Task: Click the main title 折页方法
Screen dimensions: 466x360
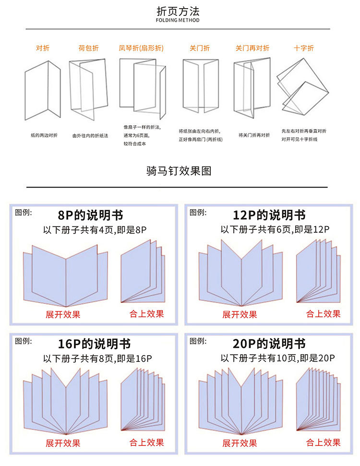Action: coord(178,11)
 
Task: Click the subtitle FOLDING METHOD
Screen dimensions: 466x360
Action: coord(178,20)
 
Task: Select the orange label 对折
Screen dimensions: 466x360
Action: coord(43,48)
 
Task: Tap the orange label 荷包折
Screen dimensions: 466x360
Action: coord(88,48)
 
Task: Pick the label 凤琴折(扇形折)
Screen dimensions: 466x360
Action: coord(141,48)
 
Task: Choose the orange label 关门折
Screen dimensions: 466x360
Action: coord(200,48)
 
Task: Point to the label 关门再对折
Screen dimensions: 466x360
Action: coord(252,48)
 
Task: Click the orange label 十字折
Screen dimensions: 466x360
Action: coord(304,48)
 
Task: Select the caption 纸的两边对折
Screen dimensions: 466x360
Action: coord(44,135)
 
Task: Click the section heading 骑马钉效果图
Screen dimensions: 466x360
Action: coord(179,171)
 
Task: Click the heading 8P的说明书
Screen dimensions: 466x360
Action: coord(90,215)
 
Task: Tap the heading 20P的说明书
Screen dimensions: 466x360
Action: coord(269,344)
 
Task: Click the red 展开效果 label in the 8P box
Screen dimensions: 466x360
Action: coord(63,315)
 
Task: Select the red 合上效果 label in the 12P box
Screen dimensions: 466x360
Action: coord(323,314)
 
